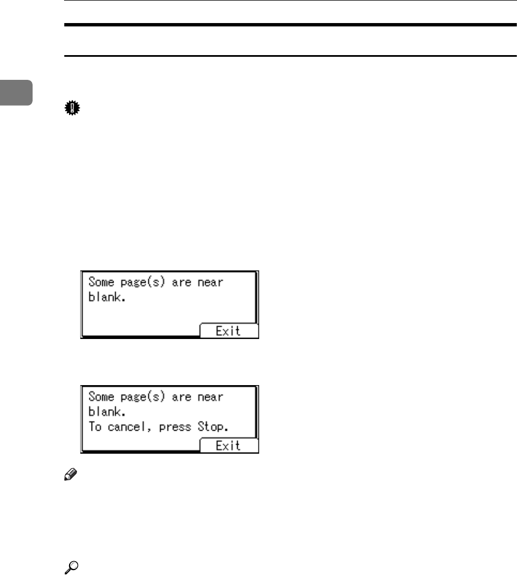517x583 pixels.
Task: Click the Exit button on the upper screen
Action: click(229, 331)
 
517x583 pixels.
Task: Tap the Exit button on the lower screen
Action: click(229, 446)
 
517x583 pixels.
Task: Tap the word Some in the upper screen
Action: click(101, 282)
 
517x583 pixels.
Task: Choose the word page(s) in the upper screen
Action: click(146, 283)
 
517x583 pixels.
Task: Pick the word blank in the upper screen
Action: click(105, 297)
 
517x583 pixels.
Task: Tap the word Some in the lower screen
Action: click(101, 397)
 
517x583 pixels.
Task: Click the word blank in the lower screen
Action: click(105, 412)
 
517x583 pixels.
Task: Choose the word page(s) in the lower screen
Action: click(146, 397)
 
